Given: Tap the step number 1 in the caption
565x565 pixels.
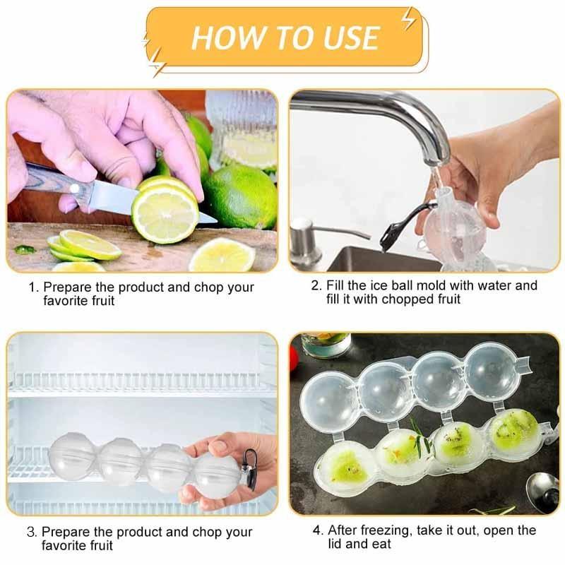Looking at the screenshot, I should click(32, 288).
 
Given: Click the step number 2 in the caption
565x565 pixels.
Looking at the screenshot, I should click(316, 286).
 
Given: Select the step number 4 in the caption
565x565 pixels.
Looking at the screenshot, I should click(317, 530).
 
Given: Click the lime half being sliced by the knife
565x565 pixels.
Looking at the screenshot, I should click(165, 212).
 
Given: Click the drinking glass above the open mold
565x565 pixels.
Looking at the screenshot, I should click(326, 345).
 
